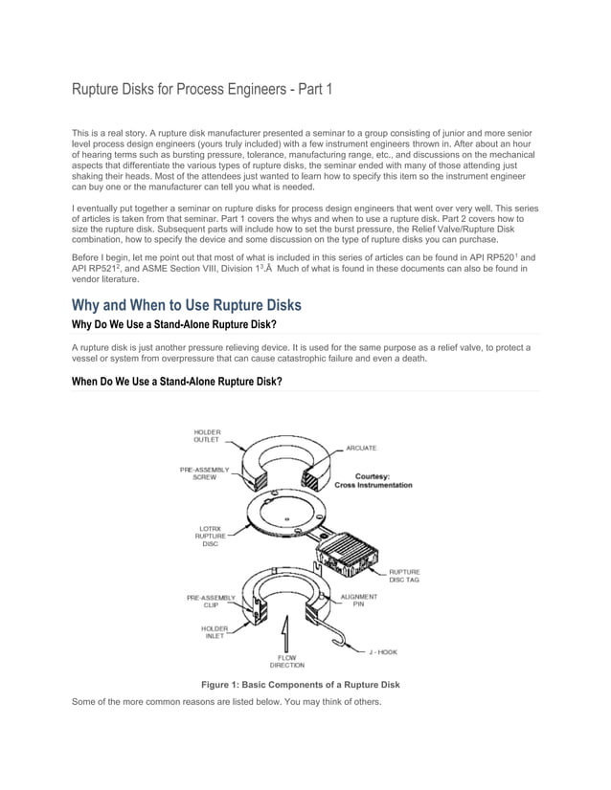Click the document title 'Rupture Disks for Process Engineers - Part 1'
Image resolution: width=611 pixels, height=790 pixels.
[x=203, y=91]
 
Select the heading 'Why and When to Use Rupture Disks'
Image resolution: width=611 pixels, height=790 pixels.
[x=187, y=305]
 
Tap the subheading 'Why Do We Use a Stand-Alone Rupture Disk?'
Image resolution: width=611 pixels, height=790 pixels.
[x=174, y=326]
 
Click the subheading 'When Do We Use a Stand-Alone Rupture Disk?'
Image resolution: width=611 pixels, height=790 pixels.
[x=177, y=382]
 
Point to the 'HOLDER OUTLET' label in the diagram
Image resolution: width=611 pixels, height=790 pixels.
[x=207, y=437]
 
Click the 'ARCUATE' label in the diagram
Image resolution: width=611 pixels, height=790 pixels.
[x=361, y=448]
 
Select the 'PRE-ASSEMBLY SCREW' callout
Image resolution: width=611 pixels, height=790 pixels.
[x=204, y=473]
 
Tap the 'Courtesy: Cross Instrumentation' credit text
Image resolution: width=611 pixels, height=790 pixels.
[x=373, y=481]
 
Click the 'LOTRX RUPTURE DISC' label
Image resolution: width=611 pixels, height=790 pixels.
[x=210, y=536]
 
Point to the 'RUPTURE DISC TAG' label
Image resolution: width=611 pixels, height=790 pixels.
[x=403, y=575]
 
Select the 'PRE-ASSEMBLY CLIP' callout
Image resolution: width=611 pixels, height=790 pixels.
[x=212, y=602]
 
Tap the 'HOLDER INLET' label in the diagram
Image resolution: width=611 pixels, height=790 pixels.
[x=214, y=633]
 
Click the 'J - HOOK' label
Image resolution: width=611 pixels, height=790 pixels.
[x=382, y=651]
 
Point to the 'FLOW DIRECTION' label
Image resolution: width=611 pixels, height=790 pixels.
[x=286, y=661]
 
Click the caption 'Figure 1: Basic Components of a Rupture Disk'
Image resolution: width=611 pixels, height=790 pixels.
[x=300, y=685]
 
